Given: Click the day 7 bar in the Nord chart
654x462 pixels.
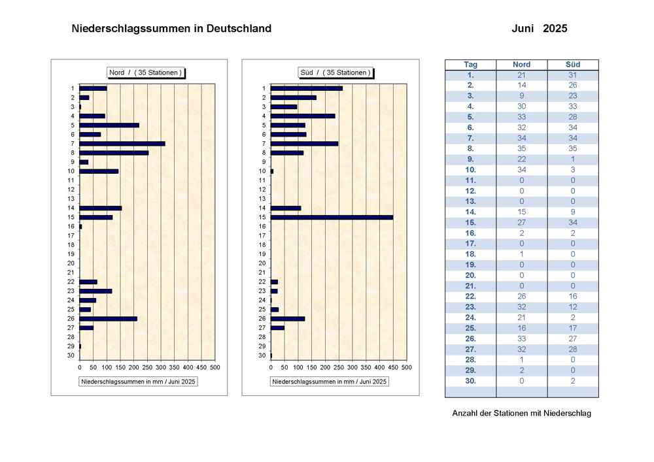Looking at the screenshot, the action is (x=122, y=144).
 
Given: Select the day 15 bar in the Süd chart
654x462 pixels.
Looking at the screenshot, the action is (x=332, y=218).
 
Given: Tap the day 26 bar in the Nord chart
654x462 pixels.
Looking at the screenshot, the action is (x=109, y=319).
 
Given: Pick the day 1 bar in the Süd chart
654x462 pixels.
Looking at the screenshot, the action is (x=307, y=88).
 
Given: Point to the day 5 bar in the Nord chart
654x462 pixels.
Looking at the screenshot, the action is (x=109, y=125).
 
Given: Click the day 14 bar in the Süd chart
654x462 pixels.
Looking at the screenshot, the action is (x=286, y=208).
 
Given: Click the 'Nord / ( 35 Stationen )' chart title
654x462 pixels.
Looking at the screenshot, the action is (x=145, y=73).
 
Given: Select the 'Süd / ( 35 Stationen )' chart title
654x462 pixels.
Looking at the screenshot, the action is (x=336, y=73).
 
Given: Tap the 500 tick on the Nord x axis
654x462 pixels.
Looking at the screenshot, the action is (x=215, y=367).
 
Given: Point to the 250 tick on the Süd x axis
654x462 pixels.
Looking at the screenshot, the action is (x=339, y=367).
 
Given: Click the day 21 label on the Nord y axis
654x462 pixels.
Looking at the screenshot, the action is (x=71, y=272).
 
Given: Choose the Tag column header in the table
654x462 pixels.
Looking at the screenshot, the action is (x=470, y=65).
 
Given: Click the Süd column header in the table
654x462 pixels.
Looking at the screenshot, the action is (x=573, y=65).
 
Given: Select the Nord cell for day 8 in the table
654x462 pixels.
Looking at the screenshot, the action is (x=521, y=149).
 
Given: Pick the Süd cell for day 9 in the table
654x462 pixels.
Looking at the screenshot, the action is (x=573, y=159).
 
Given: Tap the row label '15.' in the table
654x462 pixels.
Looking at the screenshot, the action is (x=470, y=222).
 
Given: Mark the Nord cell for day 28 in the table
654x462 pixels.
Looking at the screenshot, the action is (x=521, y=360).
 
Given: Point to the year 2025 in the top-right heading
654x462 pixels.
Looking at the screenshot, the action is (x=555, y=28).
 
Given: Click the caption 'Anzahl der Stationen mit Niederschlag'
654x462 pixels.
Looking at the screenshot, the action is (x=521, y=413).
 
